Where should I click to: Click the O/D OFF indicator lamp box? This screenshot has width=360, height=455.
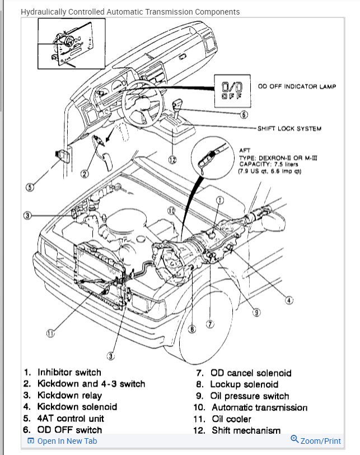[x=232, y=90]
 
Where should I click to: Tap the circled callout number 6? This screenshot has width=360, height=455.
[x=244, y=115]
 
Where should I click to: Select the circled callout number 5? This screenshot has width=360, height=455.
[x=29, y=187]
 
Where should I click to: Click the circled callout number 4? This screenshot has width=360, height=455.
[x=289, y=300]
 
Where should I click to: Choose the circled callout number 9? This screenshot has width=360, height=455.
[x=257, y=313]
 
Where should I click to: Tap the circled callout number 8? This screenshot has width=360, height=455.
[x=192, y=329]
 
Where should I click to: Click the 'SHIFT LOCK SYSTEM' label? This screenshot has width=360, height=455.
[x=289, y=128]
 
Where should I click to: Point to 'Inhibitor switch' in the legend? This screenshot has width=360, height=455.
[x=69, y=372]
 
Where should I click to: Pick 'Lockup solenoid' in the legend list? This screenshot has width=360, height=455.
[x=244, y=384]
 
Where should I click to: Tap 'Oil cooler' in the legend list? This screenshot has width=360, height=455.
[x=231, y=419]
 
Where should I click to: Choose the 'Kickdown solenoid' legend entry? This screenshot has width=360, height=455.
[x=77, y=407]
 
